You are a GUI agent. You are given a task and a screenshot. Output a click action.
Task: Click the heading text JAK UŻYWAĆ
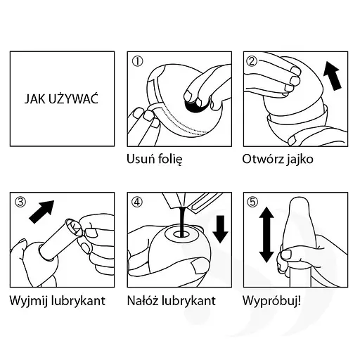pos(61,99)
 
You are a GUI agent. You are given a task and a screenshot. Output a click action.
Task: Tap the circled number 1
pos(137,61)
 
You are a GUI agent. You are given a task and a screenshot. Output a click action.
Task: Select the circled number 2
pos(252,61)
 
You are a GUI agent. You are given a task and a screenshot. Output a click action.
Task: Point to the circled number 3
pos(20,202)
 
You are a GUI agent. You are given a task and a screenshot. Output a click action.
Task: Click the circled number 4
pos(137,202)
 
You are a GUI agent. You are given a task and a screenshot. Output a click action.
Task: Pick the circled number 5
pos(252,202)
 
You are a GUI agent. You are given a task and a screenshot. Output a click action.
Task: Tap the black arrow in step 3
pos(41,212)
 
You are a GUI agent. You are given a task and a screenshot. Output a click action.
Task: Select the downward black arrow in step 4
pos(220,229)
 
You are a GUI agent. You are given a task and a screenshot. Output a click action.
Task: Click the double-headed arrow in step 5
pos(266,235)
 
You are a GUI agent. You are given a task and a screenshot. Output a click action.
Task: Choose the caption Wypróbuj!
pos(271,301)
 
